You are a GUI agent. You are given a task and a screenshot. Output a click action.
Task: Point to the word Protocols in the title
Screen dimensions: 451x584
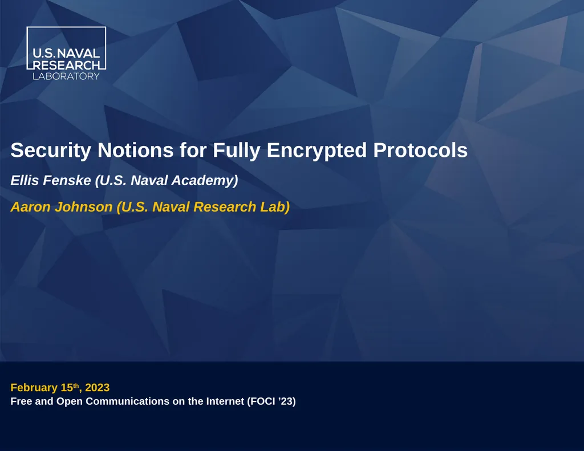pyautogui.click(x=420, y=151)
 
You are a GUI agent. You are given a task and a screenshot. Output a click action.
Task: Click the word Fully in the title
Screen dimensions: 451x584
pyautogui.click(x=233, y=151)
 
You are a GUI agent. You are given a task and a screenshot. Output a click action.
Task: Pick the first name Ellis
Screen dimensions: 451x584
pyautogui.click(x=25, y=181)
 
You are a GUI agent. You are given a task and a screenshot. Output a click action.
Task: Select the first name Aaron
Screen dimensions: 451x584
pyautogui.click(x=30, y=207)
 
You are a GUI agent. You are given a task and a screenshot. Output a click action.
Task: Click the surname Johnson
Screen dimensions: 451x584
pyautogui.click(x=86, y=207)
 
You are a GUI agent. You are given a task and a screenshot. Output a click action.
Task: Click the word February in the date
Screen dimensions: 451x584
pyautogui.click(x=34, y=388)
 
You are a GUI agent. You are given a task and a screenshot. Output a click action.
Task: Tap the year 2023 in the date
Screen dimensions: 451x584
pyautogui.click(x=97, y=388)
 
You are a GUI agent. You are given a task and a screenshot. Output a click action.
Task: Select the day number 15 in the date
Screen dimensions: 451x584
pyautogui.click(x=67, y=388)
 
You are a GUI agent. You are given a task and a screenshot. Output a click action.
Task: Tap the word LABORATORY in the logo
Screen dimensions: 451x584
pyautogui.click(x=66, y=76)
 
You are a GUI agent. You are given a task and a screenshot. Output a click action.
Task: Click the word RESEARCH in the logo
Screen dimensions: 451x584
pyautogui.click(x=66, y=65)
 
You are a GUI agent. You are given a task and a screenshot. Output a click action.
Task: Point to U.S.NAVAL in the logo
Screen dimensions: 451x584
pyautogui.click(x=66, y=54)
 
